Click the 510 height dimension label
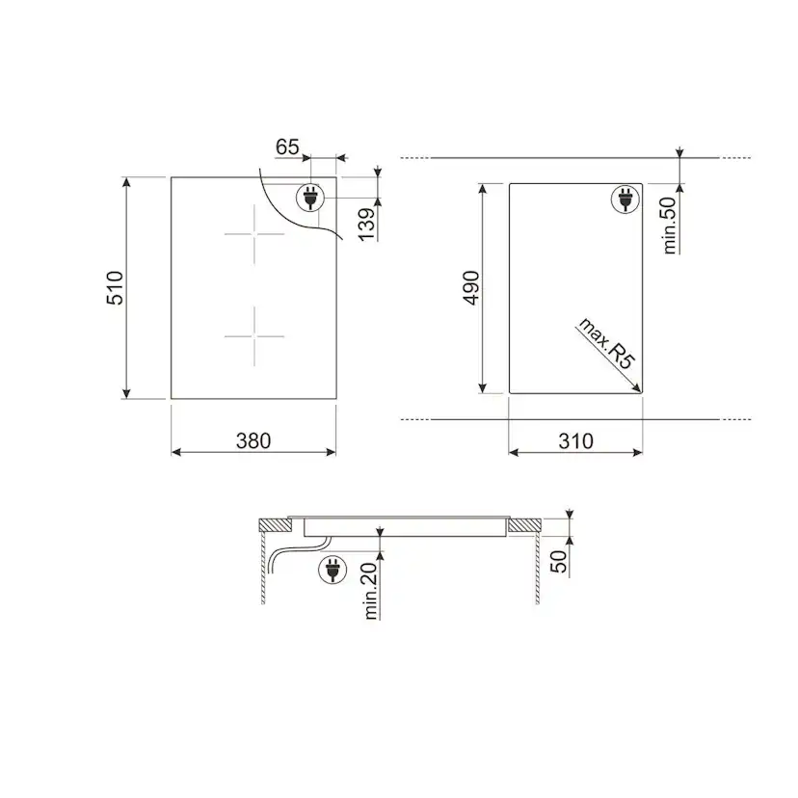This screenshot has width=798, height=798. [115, 288]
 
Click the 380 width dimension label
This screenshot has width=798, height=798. [253, 440]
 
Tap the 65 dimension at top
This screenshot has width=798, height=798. [287, 147]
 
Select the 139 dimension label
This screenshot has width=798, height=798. [366, 224]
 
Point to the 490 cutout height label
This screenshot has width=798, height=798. [471, 288]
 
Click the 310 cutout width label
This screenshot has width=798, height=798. [575, 440]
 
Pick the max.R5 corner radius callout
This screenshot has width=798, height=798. [607, 343]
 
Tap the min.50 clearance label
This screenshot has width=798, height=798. [670, 226]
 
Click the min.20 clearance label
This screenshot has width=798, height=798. [371, 591]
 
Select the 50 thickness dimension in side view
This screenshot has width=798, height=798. [559, 561]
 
